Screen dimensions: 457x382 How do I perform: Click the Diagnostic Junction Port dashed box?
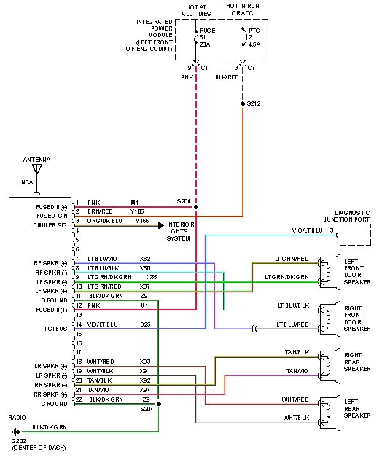pos(355,235)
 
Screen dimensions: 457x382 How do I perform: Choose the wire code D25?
pos(145,324)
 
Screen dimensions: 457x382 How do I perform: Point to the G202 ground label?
pos(17,442)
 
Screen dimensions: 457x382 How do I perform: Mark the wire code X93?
pos(145,362)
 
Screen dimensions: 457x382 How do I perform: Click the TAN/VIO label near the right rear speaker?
pos(297,371)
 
